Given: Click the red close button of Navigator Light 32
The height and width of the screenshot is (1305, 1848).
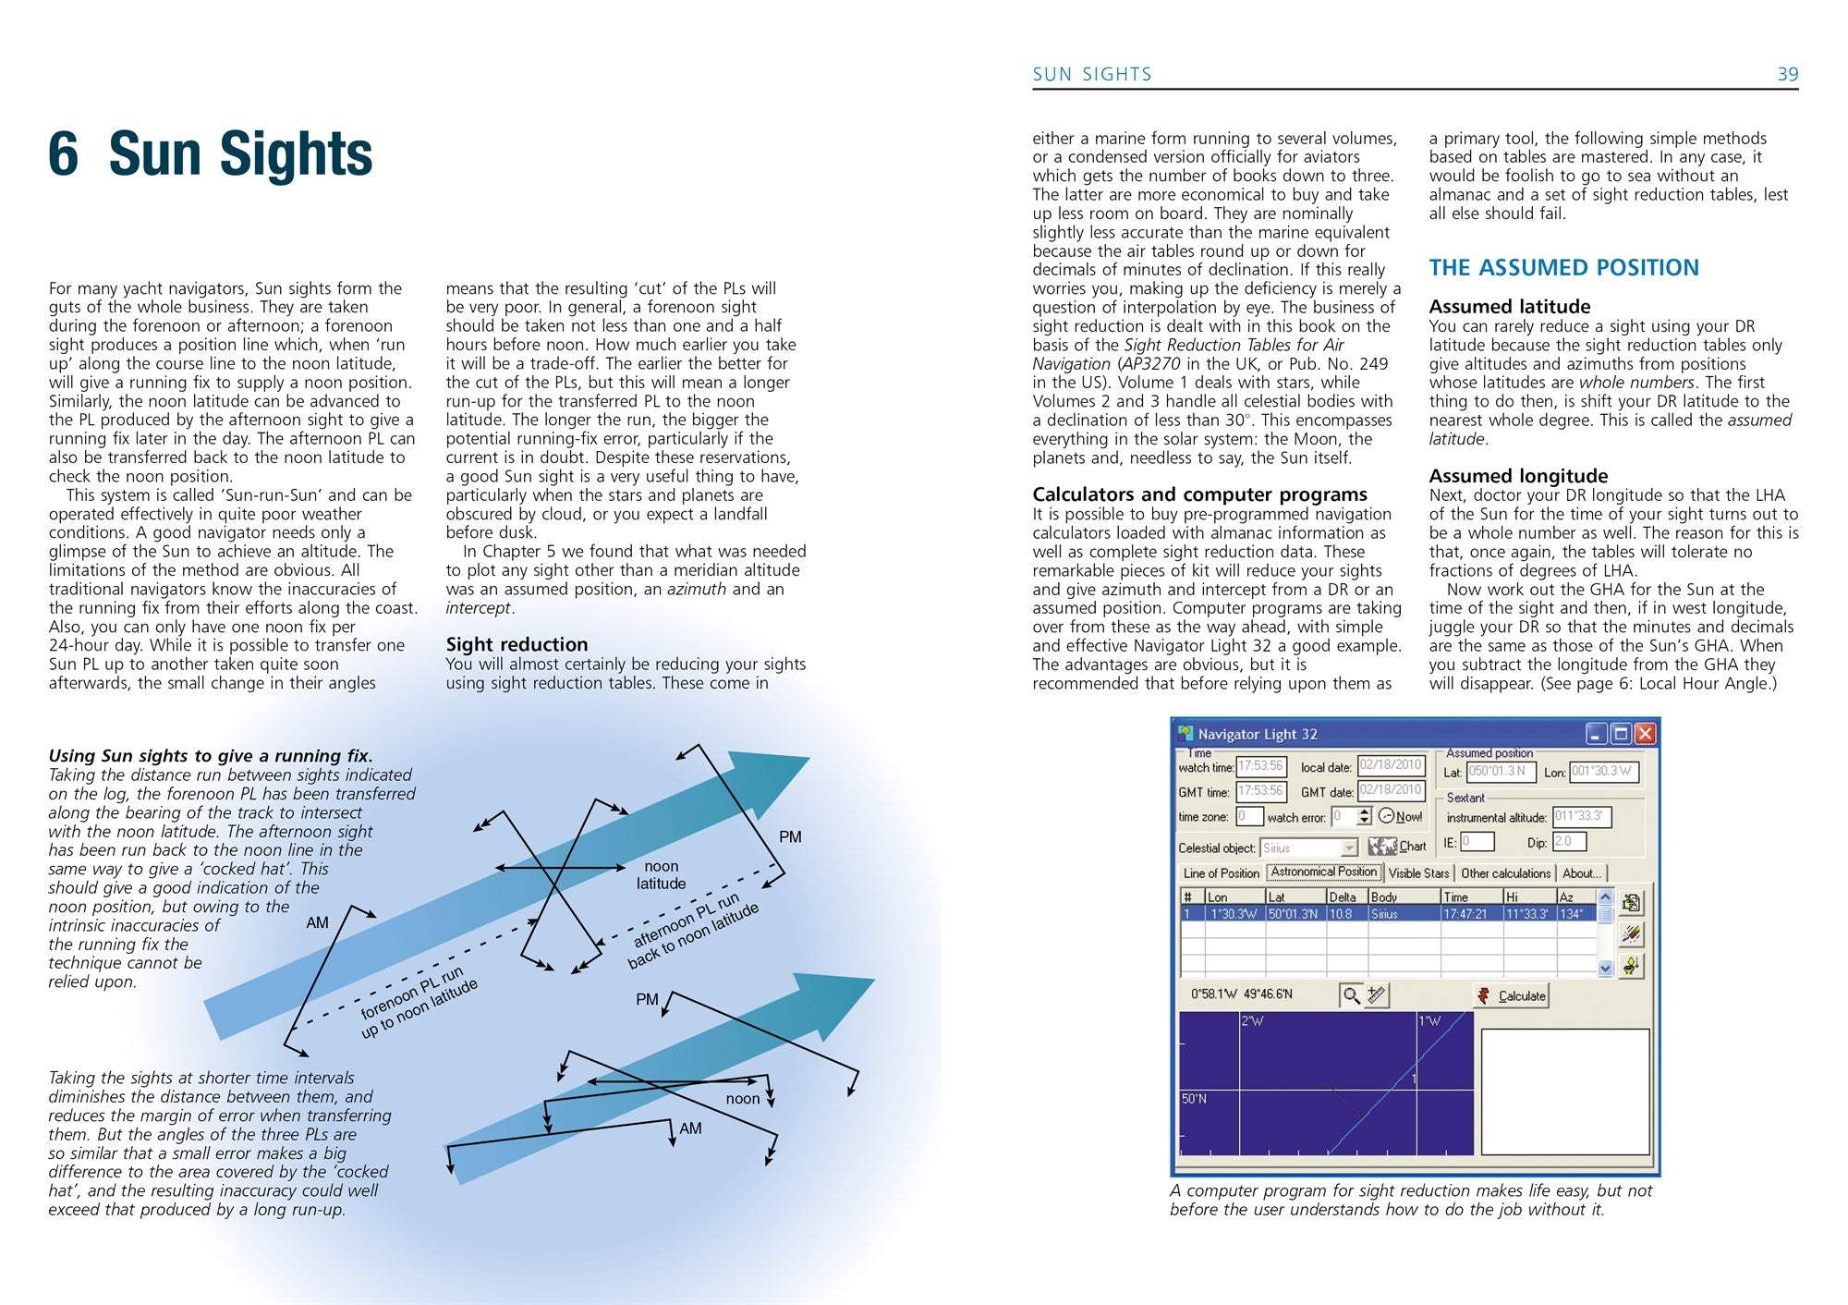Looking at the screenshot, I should click(x=1645, y=734).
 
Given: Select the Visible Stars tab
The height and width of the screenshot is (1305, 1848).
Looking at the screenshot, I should click(x=1418, y=873).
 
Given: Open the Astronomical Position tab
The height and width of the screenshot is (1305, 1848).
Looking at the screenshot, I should click(x=1323, y=872).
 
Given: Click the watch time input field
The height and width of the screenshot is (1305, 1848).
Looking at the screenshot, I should click(x=1260, y=766).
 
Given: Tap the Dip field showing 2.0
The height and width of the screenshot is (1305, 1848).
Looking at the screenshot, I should click(x=1569, y=841).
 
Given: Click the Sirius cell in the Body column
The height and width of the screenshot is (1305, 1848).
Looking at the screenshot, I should click(x=1384, y=914).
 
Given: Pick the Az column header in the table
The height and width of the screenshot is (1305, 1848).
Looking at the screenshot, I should click(x=1567, y=896).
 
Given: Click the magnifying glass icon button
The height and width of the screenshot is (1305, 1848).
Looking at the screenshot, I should click(x=1351, y=995).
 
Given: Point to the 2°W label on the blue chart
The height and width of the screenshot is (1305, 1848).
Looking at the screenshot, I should click(x=1252, y=1021).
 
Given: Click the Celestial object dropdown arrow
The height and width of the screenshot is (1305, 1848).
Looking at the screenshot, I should click(x=1349, y=848).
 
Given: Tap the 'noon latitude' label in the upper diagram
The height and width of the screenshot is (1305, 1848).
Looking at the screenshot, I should click(x=661, y=874).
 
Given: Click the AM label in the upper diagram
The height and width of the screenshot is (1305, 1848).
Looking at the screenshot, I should click(x=317, y=922).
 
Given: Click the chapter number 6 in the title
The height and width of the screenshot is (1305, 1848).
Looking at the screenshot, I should click(x=63, y=153).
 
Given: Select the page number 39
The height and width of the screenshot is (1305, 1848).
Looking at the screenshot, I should click(x=1788, y=74).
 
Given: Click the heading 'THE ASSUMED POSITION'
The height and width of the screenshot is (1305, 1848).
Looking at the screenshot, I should click(x=1563, y=268).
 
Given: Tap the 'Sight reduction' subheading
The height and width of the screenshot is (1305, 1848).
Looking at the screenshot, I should click(x=517, y=644).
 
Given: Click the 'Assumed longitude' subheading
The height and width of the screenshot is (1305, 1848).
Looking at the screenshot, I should click(x=1518, y=476).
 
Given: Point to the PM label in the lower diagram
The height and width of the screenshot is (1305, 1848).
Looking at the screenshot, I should click(x=647, y=999).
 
